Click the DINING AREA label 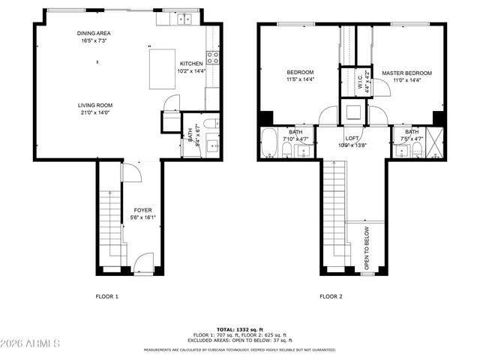94,33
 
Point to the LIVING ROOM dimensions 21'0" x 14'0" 94,112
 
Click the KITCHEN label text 190,64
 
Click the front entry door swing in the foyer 144,262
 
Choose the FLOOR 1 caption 106,296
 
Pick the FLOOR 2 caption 331,296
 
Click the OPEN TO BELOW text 367,247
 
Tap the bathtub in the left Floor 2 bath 268,143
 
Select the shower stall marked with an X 435,143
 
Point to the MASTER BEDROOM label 407,73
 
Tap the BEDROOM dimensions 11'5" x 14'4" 294,79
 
